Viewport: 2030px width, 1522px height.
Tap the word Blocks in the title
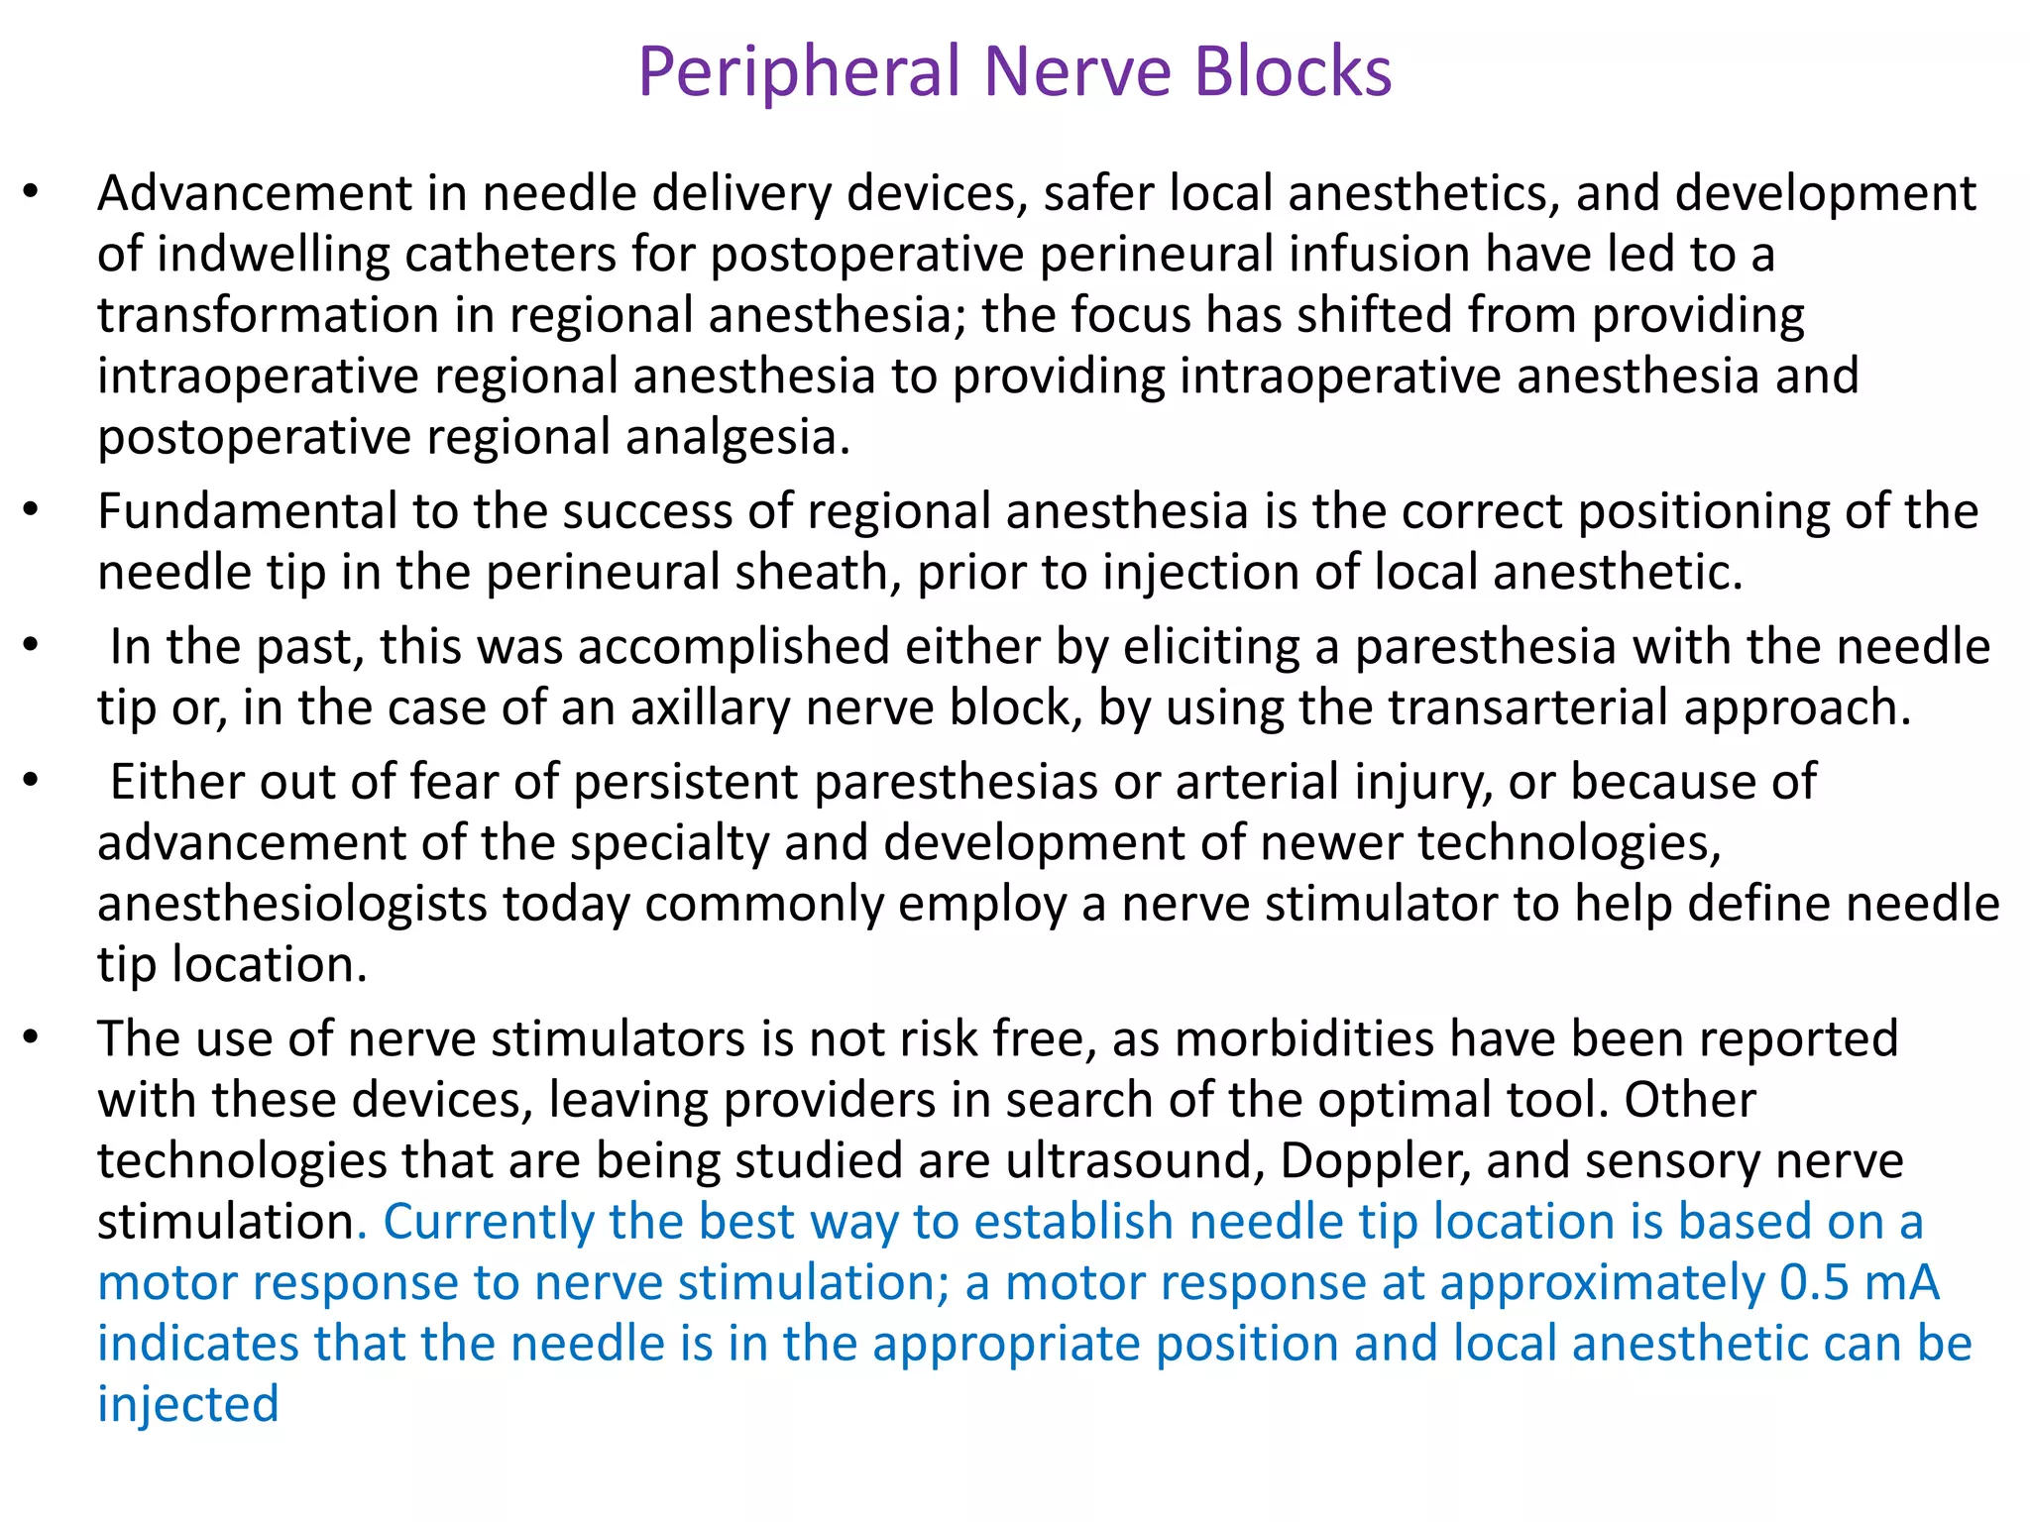tap(1293, 71)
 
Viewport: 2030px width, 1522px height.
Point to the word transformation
tap(268, 315)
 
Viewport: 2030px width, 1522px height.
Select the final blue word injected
tap(188, 1405)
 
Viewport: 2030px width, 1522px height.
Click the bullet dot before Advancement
tap(32, 192)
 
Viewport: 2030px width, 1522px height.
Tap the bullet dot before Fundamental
tap(32, 511)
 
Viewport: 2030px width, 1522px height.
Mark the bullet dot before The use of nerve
tap(32, 1038)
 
